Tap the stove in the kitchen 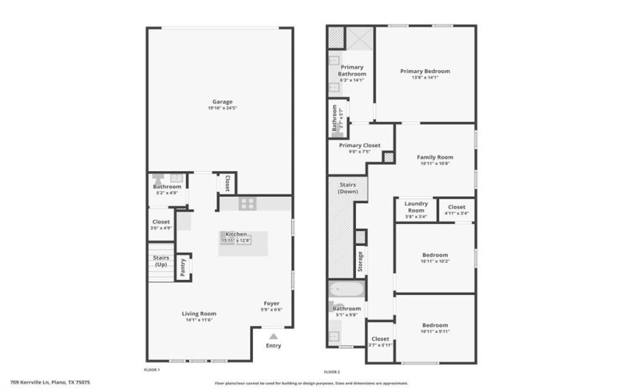[248, 204]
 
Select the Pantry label [183, 265]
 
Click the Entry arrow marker [273, 335]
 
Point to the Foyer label [271, 303]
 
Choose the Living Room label [199, 314]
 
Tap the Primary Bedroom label [425, 72]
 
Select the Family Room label [435, 157]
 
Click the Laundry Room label [416, 208]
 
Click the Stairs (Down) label [347, 187]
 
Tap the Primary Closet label [359, 145]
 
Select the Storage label [360, 261]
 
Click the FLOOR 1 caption [153, 369]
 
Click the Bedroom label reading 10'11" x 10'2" [435, 255]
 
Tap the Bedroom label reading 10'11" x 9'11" [435, 325]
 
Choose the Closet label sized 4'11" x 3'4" [456, 206]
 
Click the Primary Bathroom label [352, 70]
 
